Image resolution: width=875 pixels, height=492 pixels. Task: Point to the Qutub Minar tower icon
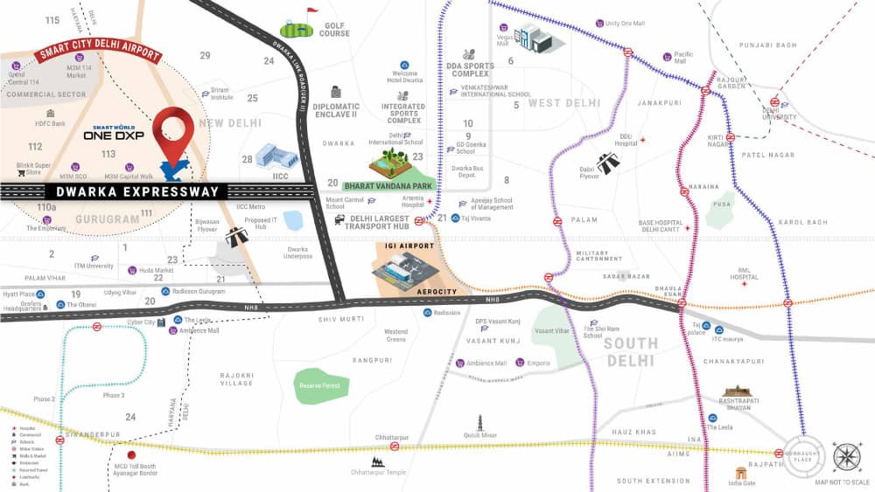(x=479, y=425)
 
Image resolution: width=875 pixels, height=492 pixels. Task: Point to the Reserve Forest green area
(x=321, y=385)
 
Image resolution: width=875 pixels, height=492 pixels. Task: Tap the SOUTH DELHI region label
(x=628, y=350)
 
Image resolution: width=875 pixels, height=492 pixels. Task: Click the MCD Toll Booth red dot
(x=131, y=454)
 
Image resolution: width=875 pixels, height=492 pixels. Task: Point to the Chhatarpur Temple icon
(x=378, y=461)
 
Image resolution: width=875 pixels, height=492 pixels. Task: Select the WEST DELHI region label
(x=564, y=103)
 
